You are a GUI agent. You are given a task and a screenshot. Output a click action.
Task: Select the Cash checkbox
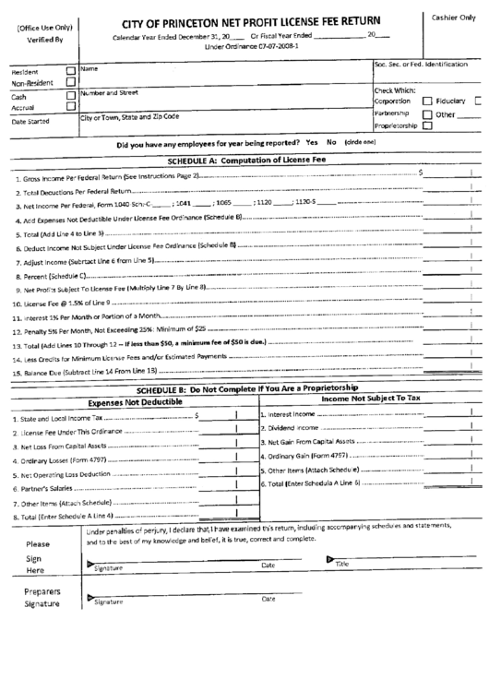(72, 95)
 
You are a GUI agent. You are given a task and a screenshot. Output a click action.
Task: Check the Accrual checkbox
(72, 107)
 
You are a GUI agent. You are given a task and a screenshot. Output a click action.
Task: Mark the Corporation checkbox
(427, 101)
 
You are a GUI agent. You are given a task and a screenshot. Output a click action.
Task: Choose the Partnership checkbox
(427, 114)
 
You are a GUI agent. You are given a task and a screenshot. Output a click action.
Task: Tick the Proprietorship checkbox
(427, 126)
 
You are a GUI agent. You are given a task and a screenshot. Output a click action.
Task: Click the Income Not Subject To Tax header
(370, 399)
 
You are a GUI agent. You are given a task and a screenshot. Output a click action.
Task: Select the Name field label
(89, 68)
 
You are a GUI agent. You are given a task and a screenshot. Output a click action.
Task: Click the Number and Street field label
(110, 93)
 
